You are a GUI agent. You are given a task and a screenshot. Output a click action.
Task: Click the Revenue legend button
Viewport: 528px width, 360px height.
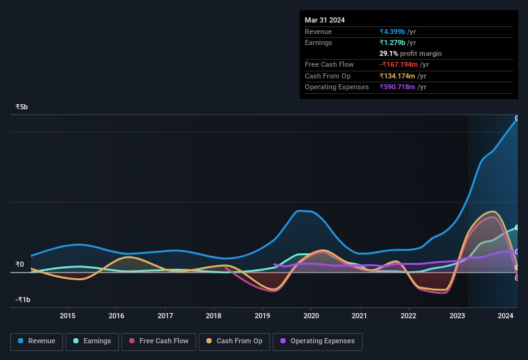(x=37, y=341)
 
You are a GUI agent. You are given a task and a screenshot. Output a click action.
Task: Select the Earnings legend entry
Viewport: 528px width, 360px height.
(x=92, y=341)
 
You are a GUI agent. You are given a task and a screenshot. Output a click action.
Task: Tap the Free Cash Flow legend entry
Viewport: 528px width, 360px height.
(x=159, y=341)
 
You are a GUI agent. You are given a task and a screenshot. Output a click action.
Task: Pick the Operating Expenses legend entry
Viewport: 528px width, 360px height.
(x=318, y=341)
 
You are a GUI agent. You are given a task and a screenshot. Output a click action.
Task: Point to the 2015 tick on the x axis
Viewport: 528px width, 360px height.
(x=68, y=316)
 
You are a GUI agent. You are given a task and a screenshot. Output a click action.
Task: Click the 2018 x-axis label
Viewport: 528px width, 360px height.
(x=214, y=316)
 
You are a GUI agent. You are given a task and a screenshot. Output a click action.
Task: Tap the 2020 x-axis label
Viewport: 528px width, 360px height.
(x=311, y=316)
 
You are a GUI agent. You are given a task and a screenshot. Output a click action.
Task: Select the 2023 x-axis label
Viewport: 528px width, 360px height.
(x=457, y=316)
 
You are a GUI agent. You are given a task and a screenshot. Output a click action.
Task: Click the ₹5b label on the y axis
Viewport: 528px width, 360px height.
(x=22, y=107)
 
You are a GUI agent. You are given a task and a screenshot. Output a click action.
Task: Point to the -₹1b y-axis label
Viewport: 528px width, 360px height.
(x=23, y=300)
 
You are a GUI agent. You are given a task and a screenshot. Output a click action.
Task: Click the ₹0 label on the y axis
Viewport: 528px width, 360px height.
(x=19, y=264)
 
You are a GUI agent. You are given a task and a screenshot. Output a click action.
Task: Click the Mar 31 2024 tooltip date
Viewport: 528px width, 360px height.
(x=325, y=20)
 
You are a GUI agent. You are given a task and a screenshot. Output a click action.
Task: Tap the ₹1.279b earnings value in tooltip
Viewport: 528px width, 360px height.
(x=393, y=42)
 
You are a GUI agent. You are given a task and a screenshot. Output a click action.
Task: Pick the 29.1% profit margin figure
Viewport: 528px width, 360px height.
(x=389, y=53)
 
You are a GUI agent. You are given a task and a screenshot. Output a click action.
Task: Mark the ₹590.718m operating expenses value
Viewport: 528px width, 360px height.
(x=403, y=87)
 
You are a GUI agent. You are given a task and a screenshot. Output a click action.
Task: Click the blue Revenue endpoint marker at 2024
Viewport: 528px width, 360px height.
(x=517, y=118)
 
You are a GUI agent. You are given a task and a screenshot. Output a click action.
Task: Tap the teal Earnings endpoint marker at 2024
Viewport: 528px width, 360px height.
(x=517, y=228)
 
